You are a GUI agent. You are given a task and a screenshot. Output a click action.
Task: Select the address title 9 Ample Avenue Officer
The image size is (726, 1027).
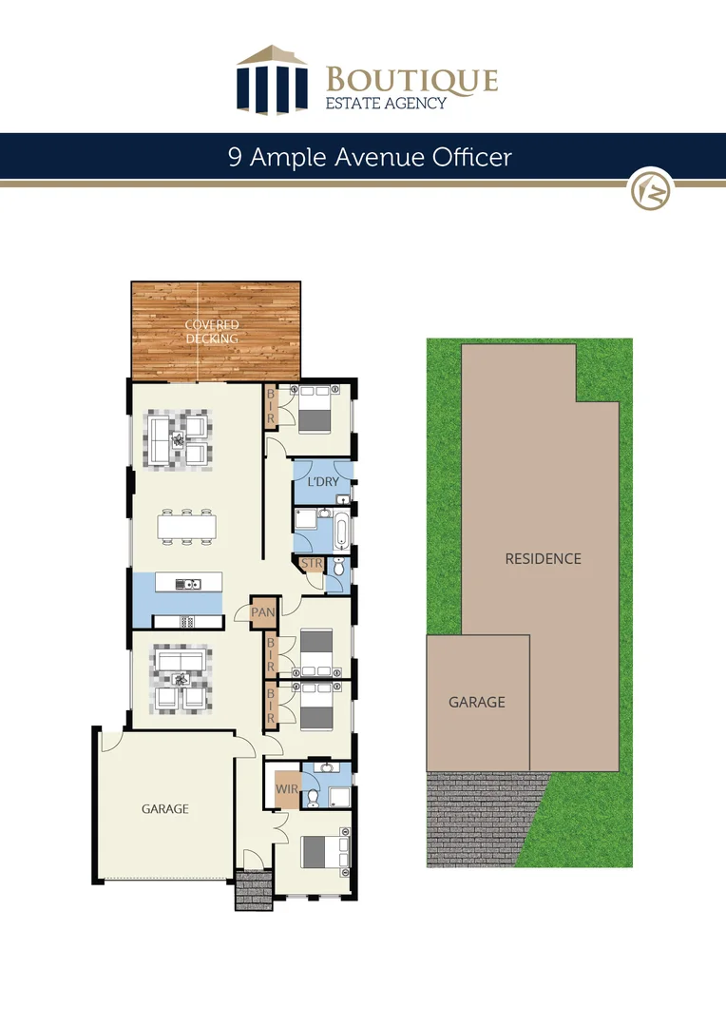pyautogui.click(x=370, y=156)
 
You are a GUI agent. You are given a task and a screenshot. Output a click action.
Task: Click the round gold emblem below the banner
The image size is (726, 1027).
pyautogui.click(x=652, y=189)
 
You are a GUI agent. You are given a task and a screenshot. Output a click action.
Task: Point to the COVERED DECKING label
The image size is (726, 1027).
pyautogui.click(x=212, y=331)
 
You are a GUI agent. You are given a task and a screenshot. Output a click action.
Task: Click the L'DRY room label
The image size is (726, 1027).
pyautogui.click(x=323, y=482)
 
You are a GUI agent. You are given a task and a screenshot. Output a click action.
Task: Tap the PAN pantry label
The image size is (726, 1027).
pyautogui.click(x=262, y=612)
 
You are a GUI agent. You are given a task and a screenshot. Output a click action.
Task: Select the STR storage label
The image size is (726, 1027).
pyautogui.click(x=311, y=565)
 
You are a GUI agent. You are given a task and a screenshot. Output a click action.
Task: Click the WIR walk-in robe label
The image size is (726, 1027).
pyautogui.click(x=286, y=788)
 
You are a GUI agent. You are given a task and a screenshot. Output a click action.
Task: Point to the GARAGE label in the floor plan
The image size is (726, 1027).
pyautogui.click(x=165, y=809)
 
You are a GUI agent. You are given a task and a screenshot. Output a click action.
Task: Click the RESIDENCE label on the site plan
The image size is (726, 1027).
pyautogui.click(x=543, y=558)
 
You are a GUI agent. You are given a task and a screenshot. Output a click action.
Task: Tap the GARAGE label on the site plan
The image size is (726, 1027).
pyautogui.click(x=477, y=702)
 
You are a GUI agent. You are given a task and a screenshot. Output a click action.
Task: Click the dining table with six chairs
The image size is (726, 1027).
pyautogui.click(x=187, y=527)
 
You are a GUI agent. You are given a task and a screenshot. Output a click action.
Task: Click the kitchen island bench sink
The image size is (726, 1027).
pyautogui.click(x=193, y=584)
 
